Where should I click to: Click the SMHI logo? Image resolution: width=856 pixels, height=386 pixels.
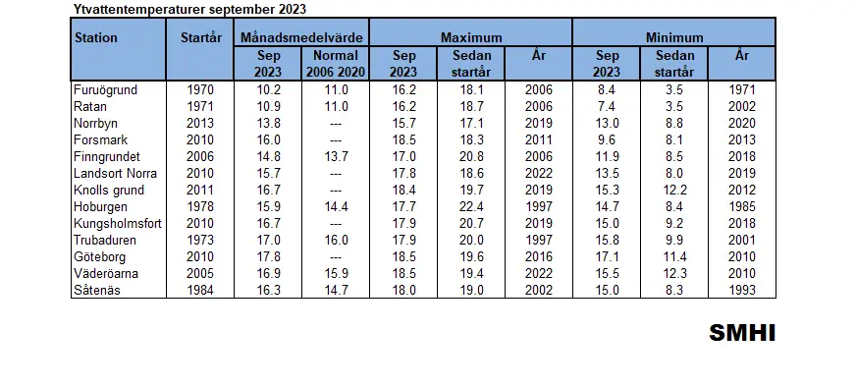click(x=742, y=333)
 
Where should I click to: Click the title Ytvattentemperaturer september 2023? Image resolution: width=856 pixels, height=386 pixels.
click(x=190, y=9)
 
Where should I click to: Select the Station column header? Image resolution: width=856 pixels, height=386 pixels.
click(x=96, y=38)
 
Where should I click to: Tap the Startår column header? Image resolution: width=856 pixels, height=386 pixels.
click(x=201, y=38)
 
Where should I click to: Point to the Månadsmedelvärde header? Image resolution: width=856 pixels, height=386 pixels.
click(x=302, y=38)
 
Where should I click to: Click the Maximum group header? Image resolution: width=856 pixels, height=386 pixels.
click(x=471, y=38)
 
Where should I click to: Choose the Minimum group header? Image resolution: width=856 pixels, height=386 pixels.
click(x=674, y=38)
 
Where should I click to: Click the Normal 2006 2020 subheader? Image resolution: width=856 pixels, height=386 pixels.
click(x=336, y=64)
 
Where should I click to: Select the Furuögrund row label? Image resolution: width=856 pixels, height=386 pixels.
click(x=105, y=90)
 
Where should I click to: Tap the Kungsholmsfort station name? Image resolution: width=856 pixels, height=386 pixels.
click(x=118, y=223)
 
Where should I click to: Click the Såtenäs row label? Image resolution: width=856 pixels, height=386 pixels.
click(x=96, y=290)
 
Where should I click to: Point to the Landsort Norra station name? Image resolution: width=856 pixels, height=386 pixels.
click(x=115, y=174)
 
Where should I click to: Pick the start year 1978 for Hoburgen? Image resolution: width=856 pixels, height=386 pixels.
click(x=200, y=207)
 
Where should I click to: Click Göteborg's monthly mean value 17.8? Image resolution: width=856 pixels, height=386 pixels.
click(x=268, y=256)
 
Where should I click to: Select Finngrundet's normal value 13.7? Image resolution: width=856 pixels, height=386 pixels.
click(x=336, y=157)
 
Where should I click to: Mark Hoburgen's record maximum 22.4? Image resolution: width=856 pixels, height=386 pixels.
click(x=471, y=207)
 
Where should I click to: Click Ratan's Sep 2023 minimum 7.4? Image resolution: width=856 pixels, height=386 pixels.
click(x=607, y=106)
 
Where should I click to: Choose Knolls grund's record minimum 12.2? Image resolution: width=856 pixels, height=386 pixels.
click(x=674, y=190)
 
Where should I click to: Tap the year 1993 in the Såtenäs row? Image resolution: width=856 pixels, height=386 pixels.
click(x=742, y=290)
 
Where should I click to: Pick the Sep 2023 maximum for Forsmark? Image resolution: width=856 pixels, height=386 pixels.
click(x=403, y=139)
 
